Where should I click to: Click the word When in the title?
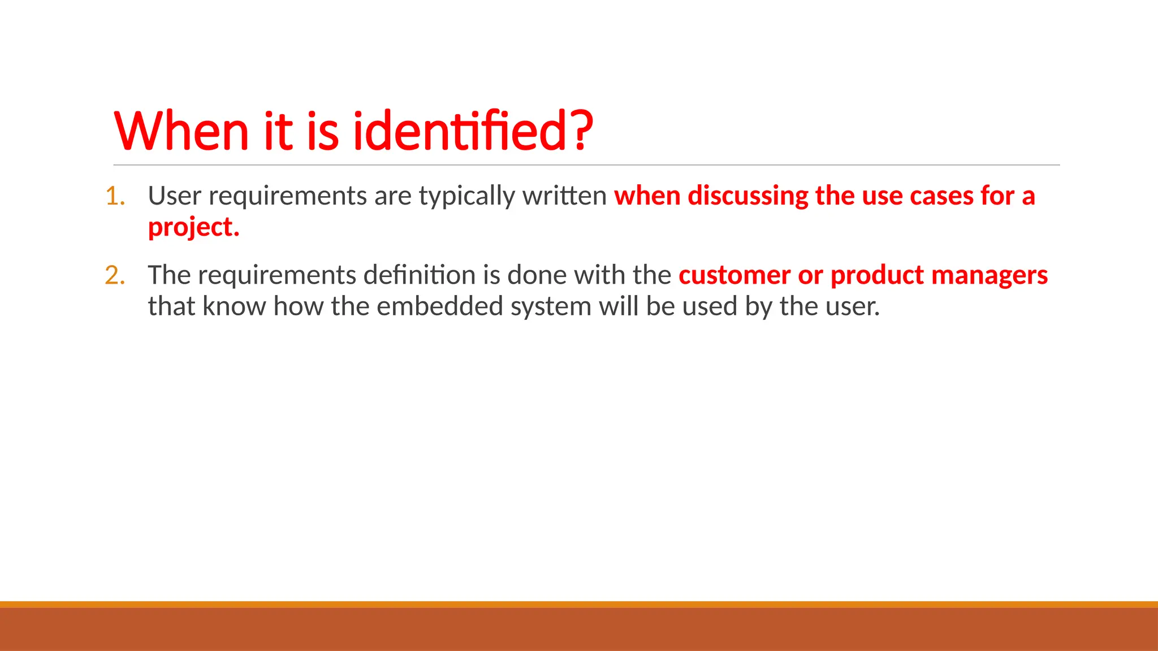point(182,131)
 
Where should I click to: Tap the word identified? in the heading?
point(473,131)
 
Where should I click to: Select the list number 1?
point(115,196)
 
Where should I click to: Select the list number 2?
point(115,276)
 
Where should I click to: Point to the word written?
point(564,196)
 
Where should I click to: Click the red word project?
point(193,227)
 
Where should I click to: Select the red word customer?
point(734,276)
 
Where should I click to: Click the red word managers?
point(990,276)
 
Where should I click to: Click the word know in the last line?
point(234,307)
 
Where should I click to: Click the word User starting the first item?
point(174,196)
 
